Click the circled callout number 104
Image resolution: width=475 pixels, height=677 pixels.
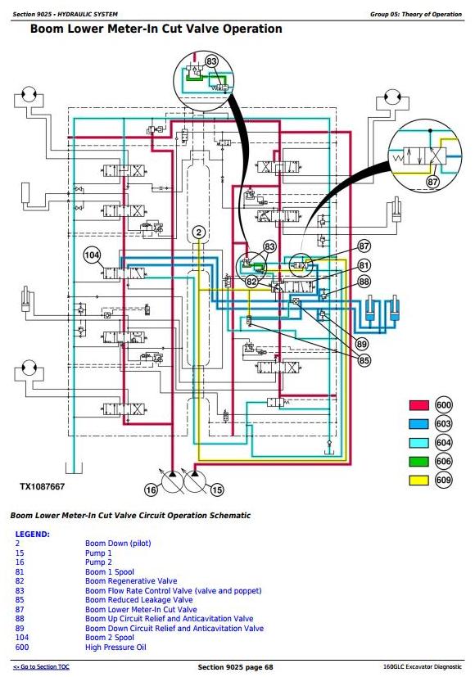[x=92, y=255]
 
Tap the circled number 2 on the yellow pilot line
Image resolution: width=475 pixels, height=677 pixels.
[x=199, y=232]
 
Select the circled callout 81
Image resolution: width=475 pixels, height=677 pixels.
[x=364, y=265]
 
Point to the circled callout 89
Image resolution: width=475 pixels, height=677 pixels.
[x=362, y=344]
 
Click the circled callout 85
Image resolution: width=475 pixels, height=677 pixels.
[x=364, y=360]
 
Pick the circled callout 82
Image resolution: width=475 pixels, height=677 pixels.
[x=251, y=282]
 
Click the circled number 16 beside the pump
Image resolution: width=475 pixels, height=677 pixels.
[x=151, y=490]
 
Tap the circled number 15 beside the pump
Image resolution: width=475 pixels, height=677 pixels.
[x=217, y=490]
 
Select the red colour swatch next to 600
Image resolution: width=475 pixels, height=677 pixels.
[x=418, y=405]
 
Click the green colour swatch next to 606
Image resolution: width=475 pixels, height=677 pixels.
[x=418, y=462]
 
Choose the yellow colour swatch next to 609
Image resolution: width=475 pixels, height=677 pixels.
[x=418, y=480]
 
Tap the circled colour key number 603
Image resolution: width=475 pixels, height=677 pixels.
[x=444, y=424]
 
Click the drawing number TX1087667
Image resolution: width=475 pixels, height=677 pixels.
[x=43, y=486]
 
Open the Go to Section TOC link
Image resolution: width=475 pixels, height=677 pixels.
[x=41, y=666]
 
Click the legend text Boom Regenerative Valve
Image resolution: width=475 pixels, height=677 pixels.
[x=131, y=581]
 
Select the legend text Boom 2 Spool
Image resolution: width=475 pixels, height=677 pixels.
[x=110, y=638]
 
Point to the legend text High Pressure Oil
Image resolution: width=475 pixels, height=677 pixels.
[x=115, y=648]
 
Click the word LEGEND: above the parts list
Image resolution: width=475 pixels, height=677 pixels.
[x=33, y=534]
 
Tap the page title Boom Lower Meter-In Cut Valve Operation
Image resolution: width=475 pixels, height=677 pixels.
[x=156, y=29]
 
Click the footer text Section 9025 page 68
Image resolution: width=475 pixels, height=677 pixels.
[x=235, y=667]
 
